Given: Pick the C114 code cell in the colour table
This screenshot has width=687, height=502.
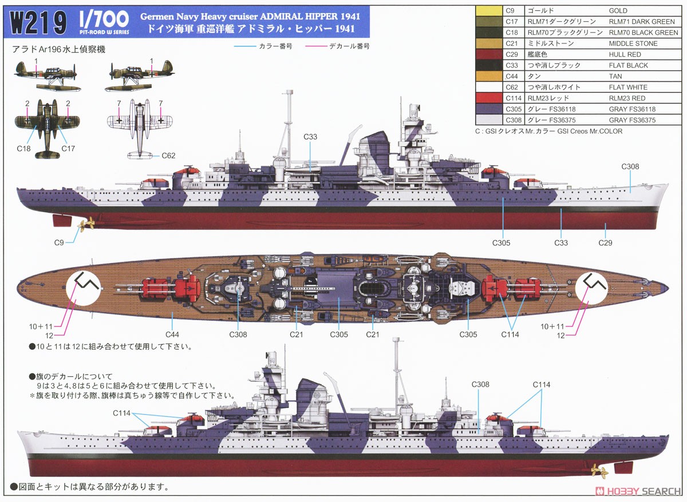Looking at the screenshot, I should (511, 98).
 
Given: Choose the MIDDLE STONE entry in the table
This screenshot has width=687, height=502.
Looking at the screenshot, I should (633, 43).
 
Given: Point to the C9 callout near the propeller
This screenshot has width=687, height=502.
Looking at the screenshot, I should (59, 242).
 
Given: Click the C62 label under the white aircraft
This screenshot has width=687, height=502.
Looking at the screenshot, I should (168, 155).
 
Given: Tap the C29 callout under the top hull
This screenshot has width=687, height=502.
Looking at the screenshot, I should (605, 242).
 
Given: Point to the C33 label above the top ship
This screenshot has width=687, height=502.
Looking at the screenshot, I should (311, 137).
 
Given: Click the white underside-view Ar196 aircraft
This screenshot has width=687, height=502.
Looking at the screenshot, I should (135, 126).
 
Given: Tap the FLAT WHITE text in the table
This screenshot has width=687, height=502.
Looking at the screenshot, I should (628, 87).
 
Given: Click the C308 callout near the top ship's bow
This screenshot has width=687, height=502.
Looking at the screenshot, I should (630, 166).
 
